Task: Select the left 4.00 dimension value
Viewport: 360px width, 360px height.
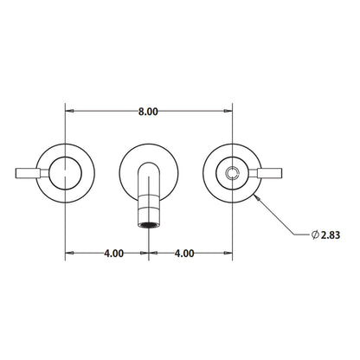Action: point(112,254)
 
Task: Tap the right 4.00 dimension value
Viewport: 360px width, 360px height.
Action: point(183,254)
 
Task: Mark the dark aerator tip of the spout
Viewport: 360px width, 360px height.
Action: point(149,223)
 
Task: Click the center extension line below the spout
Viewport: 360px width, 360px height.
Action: point(149,247)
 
